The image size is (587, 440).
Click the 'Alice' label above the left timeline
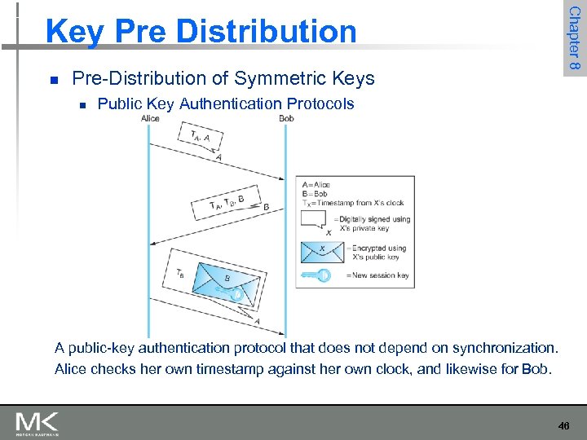pos(150,118)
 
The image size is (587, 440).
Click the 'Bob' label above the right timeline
pos(286,118)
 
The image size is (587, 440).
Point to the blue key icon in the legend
pos(315,275)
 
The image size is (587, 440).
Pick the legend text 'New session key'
pos(382,275)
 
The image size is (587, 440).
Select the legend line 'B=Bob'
pos(314,193)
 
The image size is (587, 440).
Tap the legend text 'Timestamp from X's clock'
pos(362,203)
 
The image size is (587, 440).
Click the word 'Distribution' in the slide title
pos(268,32)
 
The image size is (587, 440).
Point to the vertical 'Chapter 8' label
pos(574,37)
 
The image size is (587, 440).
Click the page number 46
pos(563,425)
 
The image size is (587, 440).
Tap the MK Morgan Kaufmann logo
pos(38,424)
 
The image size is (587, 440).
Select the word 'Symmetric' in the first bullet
pos(272,78)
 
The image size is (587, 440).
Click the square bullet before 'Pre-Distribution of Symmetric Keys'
pos(53,80)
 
